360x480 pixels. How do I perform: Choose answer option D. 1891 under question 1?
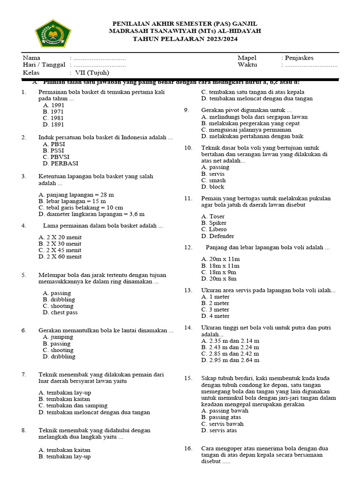pyautogui.click(x=53, y=125)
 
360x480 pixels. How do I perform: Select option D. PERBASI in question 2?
pyautogui.click(x=60, y=164)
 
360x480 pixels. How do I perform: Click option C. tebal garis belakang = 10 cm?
pyautogui.click(x=81, y=207)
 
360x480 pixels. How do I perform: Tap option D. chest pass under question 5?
pyautogui.click(x=60, y=312)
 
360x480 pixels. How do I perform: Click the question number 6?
pyautogui.click(x=23, y=330)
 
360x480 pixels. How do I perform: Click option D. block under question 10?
pyautogui.click(x=213, y=187)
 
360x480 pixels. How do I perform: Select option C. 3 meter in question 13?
pyautogui.click(x=215, y=309)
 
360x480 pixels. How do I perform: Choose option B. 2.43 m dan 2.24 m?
pyautogui.click(x=230, y=347)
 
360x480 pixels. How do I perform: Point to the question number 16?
pyautogui.click(x=188, y=448)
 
